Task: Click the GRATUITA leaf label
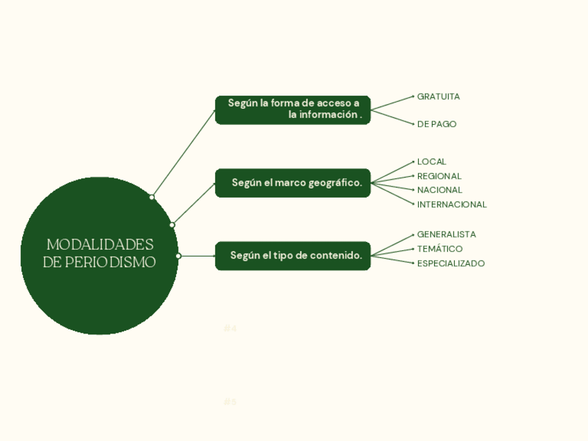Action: [x=438, y=96]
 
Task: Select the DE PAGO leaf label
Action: [x=437, y=124]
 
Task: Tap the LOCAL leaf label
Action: [x=431, y=162]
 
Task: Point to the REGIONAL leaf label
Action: [x=439, y=176]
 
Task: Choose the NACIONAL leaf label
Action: [x=440, y=190]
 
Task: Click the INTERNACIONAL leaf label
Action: [x=451, y=205]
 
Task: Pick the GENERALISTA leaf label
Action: [x=446, y=234]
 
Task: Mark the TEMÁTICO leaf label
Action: [x=440, y=249]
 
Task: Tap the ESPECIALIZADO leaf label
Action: [x=451, y=263]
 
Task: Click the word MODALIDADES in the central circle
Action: [x=100, y=245]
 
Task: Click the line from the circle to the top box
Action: [x=184, y=153]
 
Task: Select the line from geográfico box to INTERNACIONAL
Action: [x=392, y=193]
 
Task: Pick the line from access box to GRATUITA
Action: [x=392, y=103]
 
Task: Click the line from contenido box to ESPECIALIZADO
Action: [x=392, y=259]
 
